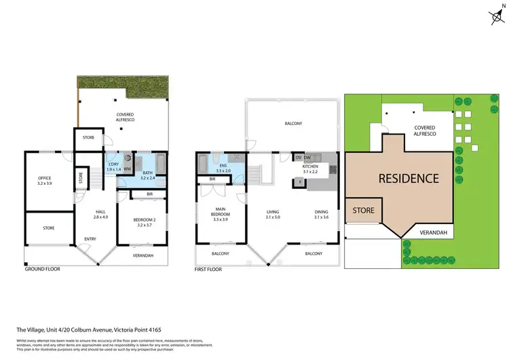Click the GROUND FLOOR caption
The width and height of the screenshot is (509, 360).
click(x=42, y=269)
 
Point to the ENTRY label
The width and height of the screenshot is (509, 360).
click(x=90, y=238)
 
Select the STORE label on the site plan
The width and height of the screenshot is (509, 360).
click(x=364, y=211)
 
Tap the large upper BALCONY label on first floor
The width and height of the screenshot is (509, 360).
click(x=293, y=123)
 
